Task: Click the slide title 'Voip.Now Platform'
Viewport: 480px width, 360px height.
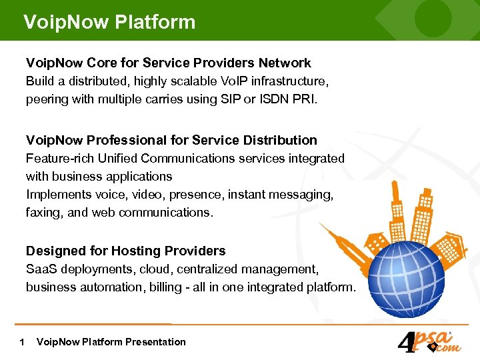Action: pyautogui.click(x=109, y=22)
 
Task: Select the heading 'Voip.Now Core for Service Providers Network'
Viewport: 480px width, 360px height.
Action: pyautogui.click(x=168, y=63)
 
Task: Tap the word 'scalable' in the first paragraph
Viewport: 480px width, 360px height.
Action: pyautogui.click(x=193, y=81)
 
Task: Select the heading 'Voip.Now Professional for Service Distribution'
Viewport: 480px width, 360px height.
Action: pyautogui.click(x=171, y=140)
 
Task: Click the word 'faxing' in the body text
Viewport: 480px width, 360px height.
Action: pyautogui.click(x=43, y=213)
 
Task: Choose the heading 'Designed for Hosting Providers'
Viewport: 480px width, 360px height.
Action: pyautogui.click(x=125, y=251)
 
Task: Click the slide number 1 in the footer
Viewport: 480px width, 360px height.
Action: pyautogui.click(x=23, y=342)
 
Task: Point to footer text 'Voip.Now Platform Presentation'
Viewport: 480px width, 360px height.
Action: pyautogui.click(x=111, y=342)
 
